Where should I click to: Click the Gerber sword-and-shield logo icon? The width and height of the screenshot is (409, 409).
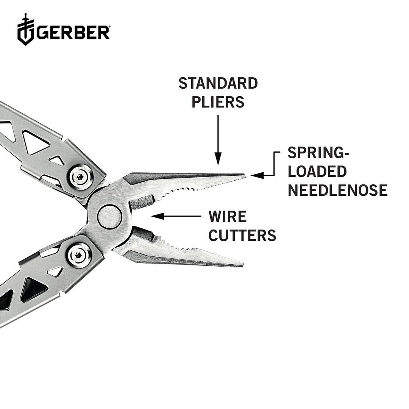[25, 30]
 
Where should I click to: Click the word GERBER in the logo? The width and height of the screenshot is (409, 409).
[72, 33]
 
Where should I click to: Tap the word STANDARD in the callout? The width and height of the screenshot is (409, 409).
[218, 84]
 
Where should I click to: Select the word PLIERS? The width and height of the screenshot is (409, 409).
[218, 102]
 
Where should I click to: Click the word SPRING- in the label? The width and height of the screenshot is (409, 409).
[318, 153]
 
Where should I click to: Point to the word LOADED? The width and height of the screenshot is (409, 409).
[317, 172]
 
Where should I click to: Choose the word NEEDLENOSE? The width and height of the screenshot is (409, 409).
[337, 190]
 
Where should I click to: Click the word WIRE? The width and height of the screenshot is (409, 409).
[228, 217]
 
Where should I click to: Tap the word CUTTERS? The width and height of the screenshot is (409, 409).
[242, 236]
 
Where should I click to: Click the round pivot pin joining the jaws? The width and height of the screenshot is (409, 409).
[109, 217]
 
